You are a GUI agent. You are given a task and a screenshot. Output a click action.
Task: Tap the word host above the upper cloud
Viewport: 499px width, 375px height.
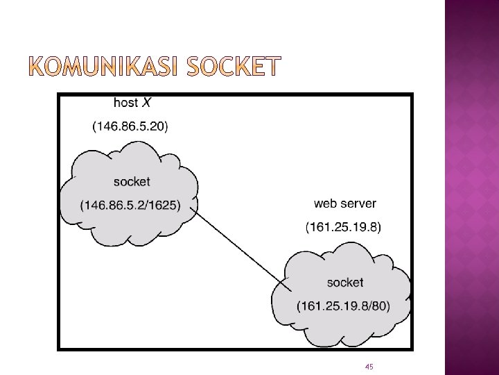[x=125, y=103]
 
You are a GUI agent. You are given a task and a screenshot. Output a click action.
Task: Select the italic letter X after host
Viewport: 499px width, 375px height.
[x=146, y=103]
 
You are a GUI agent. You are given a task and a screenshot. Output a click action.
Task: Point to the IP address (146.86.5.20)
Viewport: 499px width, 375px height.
[x=130, y=126]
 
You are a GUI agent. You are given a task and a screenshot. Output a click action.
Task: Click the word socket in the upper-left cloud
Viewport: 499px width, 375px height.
[x=131, y=182]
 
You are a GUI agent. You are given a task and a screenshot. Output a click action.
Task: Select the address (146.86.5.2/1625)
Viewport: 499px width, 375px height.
[x=130, y=205]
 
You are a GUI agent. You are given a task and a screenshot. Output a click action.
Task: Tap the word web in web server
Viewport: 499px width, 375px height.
[x=326, y=203]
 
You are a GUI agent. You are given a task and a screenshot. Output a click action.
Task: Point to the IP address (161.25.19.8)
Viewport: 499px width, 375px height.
[x=343, y=227]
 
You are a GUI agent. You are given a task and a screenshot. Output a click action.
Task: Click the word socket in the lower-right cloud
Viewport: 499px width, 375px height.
[x=344, y=283]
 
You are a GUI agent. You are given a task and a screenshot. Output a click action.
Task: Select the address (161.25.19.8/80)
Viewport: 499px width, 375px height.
[x=343, y=306]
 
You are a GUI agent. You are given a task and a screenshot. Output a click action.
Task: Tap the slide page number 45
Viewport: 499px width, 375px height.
[x=369, y=366]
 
